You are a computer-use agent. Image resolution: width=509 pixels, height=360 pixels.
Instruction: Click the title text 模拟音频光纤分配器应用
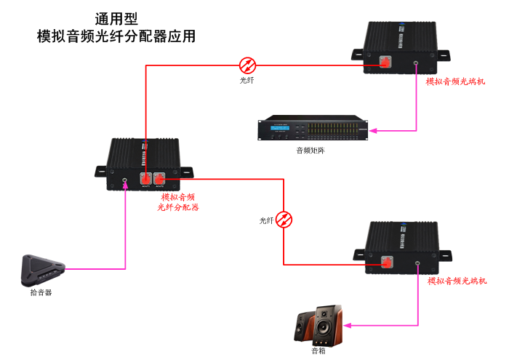pos(116,36)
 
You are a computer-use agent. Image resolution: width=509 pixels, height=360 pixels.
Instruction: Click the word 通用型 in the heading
pos(116,18)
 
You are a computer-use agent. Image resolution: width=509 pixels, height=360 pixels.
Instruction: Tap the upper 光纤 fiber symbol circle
pos(247,64)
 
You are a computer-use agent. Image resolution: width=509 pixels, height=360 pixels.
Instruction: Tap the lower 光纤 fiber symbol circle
pos(284,218)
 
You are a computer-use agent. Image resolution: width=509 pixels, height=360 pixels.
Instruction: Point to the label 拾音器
pos(41,292)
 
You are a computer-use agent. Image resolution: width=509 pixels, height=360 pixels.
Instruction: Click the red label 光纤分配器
pos(178,207)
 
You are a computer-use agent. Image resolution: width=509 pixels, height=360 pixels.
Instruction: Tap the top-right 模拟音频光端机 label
pos(456,81)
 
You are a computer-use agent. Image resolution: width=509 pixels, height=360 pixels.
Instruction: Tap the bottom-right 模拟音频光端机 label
pos(457,281)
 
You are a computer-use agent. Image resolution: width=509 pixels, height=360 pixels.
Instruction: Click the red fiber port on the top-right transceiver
pos(385,64)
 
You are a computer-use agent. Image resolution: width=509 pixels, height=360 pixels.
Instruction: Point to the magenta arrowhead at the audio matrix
pos(373,131)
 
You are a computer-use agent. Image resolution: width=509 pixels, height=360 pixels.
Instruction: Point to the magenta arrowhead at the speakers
pos(349,324)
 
